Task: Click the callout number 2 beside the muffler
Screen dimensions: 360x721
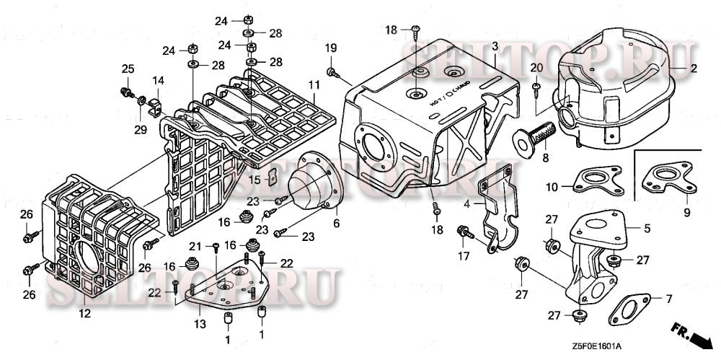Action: pos(694,69)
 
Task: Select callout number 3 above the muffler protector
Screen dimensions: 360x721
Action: pos(495,46)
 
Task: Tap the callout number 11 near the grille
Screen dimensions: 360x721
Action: pos(314,85)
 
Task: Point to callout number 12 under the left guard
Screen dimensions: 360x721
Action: pos(84,313)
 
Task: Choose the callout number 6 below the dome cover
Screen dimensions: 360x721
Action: pos(335,224)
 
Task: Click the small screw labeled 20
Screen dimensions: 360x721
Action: pos(536,89)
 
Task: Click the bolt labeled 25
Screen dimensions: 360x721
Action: pos(126,92)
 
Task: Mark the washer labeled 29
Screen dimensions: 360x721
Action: pos(141,99)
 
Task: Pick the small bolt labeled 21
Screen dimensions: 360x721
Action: pos(216,247)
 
